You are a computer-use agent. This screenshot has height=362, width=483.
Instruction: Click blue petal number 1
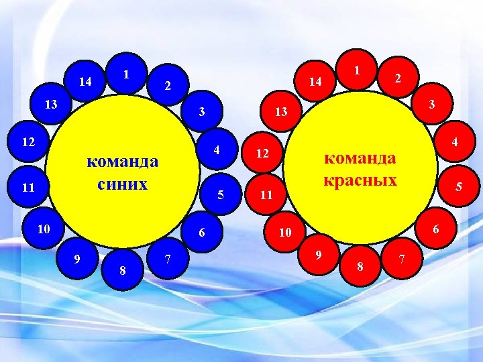point(126,72)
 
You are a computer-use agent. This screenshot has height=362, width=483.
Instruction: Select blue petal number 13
point(51,105)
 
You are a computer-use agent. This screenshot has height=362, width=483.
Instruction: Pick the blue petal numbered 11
point(29,188)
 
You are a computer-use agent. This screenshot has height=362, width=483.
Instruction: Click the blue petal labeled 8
point(122,269)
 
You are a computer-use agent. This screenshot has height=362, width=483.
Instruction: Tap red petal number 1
point(358,70)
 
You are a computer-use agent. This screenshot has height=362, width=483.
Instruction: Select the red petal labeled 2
point(397,79)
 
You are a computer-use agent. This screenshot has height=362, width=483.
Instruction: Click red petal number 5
point(458,188)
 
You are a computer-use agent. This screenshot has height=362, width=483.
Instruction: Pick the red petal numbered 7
point(401,258)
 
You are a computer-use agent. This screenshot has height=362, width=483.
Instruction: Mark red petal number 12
point(264,154)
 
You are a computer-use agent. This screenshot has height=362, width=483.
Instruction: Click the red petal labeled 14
point(316,81)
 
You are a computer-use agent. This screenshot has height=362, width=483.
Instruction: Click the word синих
point(123,183)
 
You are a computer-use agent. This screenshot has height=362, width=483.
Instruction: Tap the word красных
point(360,180)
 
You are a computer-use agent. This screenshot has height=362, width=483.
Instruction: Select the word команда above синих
point(123,162)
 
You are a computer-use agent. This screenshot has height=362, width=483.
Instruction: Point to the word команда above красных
point(360,158)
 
